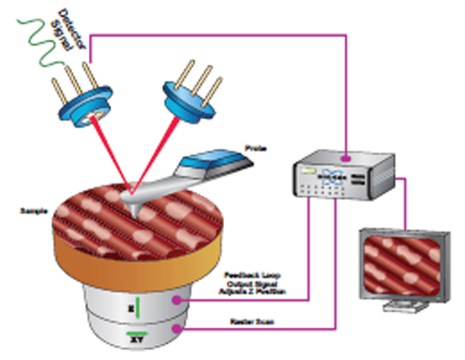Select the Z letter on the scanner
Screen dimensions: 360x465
[130, 303]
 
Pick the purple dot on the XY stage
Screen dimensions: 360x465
[176, 330]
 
